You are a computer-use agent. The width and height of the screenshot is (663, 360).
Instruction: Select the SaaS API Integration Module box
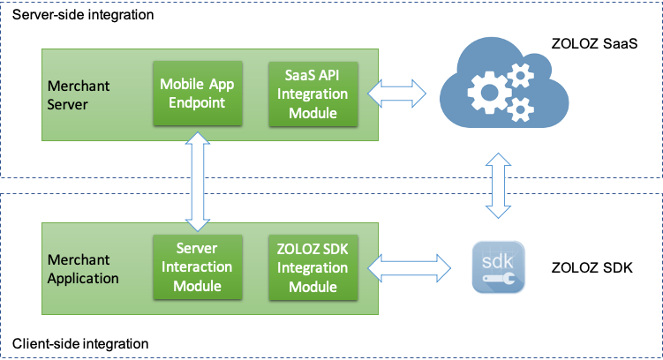click(307, 93)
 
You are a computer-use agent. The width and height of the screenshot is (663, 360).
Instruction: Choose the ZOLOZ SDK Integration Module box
click(307, 266)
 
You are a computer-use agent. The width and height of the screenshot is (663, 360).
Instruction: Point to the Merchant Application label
click(83, 269)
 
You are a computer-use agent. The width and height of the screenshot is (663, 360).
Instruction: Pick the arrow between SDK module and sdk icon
click(408, 263)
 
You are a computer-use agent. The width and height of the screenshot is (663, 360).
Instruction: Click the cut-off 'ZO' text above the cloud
click(560, 42)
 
